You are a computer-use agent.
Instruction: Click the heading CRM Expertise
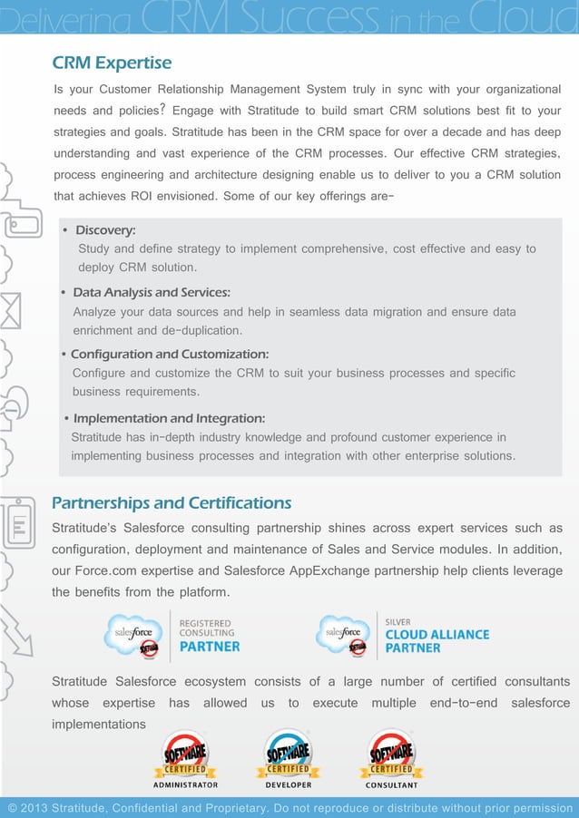tap(112, 63)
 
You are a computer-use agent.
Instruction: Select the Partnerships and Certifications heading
tap(172, 503)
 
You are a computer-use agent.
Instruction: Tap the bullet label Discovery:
tap(105, 230)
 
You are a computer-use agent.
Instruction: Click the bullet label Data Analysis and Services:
tap(151, 293)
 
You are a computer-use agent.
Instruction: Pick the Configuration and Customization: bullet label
tap(170, 354)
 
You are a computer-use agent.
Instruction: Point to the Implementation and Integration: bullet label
tap(169, 418)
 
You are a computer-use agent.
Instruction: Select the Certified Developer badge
tap(289, 755)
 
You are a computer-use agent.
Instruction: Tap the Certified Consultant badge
tap(392, 755)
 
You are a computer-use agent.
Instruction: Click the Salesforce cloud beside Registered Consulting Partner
tap(135, 634)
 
